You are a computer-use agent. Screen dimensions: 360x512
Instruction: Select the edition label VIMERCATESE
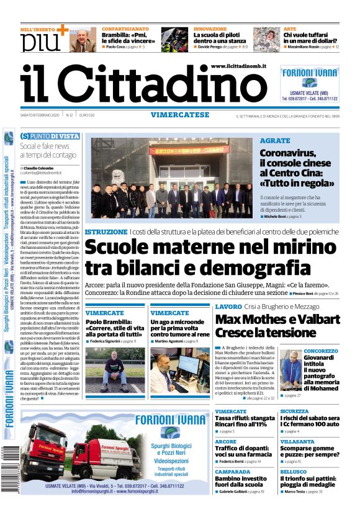click(179, 115)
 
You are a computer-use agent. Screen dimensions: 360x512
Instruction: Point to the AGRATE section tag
click(274, 141)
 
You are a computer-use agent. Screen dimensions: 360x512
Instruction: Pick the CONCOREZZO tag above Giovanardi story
click(321, 351)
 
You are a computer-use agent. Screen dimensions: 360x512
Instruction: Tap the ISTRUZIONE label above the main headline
click(106, 231)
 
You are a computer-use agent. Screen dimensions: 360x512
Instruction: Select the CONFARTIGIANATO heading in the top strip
click(126, 29)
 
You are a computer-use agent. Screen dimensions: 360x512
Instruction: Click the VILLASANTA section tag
click(297, 441)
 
